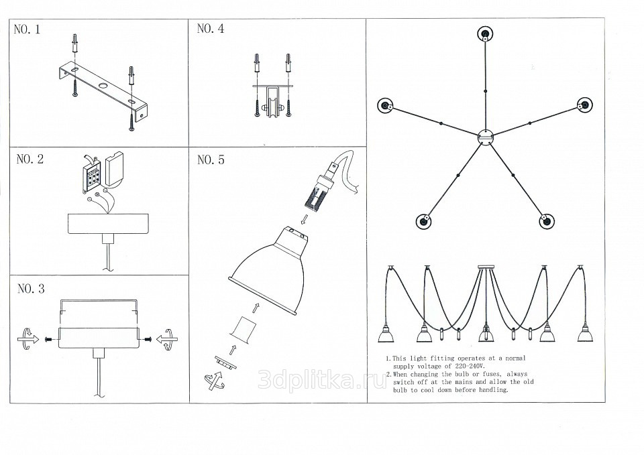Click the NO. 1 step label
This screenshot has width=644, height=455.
[x=27, y=29]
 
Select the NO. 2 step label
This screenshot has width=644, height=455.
[x=30, y=159]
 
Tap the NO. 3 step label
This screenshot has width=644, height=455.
[x=31, y=289]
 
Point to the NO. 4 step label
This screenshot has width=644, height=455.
[x=211, y=28]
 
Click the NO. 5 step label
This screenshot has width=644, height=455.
[x=211, y=159]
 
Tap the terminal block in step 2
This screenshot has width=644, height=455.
[x=91, y=176]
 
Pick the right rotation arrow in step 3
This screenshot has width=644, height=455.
[x=167, y=339]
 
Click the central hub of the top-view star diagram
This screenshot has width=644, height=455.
[x=486, y=137]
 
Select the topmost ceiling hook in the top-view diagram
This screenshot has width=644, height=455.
[x=485, y=34]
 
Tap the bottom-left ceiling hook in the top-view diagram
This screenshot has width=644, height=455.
[x=423, y=222]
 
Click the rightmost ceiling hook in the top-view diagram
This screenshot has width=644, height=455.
[x=584, y=105]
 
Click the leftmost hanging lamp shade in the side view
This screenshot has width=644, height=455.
[x=386, y=333]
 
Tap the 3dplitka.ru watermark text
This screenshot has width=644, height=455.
[x=323, y=380]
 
